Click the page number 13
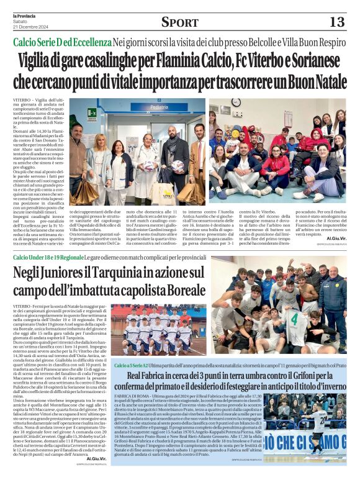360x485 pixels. [x=336, y=22]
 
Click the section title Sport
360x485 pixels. [x=179, y=22]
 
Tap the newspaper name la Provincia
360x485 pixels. [x=24, y=14]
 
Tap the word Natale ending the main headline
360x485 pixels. [x=322, y=81]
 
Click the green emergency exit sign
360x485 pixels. [x=92, y=112]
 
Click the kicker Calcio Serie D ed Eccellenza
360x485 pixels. [x=61, y=42]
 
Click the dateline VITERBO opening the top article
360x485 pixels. [x=22, y=100]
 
